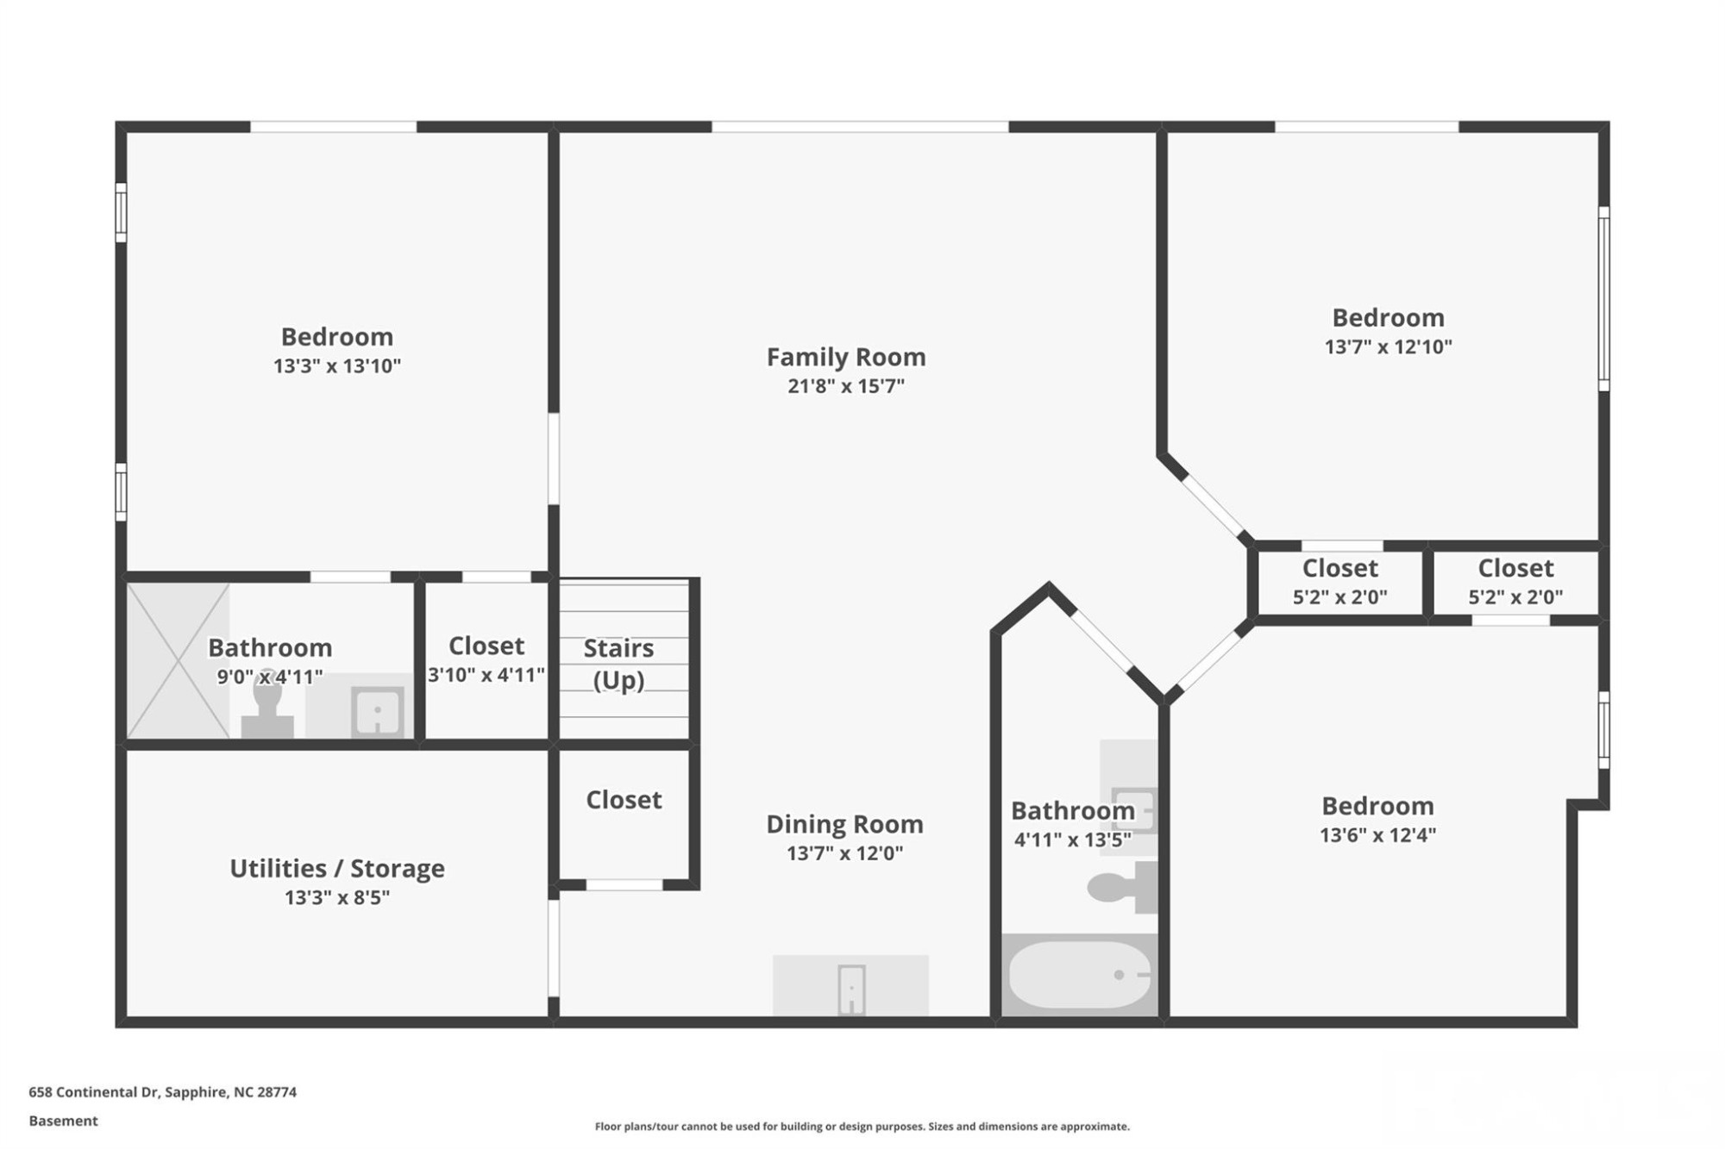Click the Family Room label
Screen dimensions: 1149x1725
pyautogui.click(x=845, y=357)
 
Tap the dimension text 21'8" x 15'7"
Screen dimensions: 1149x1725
pyautogui.click(x=845, y=386)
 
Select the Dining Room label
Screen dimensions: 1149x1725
pyautogui.click(x=844, y=824)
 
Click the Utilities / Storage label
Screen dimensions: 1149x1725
pyautogui.click(x=336, y=868)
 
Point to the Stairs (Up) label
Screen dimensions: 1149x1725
pyautogui.click(x=618, y=664)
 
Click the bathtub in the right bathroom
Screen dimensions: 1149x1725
pyautogui.click(x=1078, y=975)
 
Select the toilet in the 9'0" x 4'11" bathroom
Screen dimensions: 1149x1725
pyautogui.click(x=267, y=711)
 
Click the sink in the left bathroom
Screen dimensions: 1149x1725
pyautogui.click(x=377, y=712)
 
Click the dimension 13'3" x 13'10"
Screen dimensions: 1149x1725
pyautogui.click(x=336, y=366)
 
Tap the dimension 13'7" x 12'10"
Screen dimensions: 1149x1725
pyautogui.click(x=1388, y=347)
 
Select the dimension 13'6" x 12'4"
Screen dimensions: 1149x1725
pyautogui.click(x=1377, y=835)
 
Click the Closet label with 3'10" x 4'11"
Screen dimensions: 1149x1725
pyautogui.click(x=486, y=646)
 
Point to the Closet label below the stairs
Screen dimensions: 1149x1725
pyautogui.click(x=624, y=800)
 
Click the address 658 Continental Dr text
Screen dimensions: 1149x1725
pyautogui.click(x=162, y=1092)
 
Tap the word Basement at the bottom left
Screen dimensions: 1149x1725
pyautogui.click(x=63, y=1121)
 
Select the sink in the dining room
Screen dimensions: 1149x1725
pyautogui.click(x=851, y=988)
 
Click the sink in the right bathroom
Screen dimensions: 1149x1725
pyautogui.click(x=1132, y=810)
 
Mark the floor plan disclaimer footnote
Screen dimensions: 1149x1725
pyautogui.click(x=862, y=1127)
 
